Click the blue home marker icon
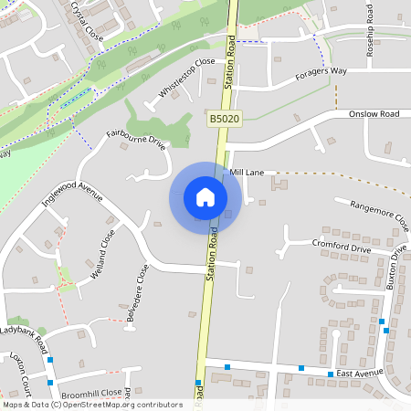point(205,197)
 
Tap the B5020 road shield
point(224,120)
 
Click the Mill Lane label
point(246,172)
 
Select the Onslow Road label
point(374,114)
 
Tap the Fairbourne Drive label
point(136,140)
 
